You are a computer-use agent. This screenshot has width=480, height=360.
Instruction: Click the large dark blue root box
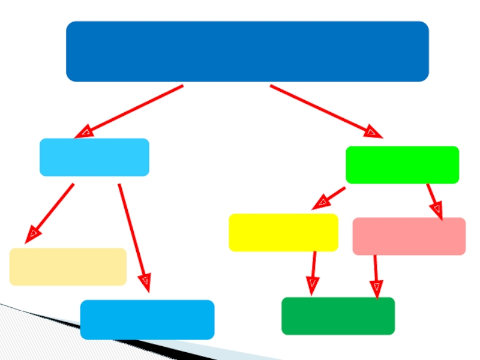tap(247, 52)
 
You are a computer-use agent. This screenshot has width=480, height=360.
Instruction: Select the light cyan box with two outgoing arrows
tap(94, 157)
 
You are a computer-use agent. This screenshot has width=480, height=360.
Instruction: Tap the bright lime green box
tap(402, 164)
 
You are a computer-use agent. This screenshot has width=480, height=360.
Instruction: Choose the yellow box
tap(283, 232)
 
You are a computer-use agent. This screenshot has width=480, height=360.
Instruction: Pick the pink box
tap(409, 236)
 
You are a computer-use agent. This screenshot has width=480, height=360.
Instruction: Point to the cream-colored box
tap(68, 266)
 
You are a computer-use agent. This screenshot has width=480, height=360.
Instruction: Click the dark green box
tap(338, 316)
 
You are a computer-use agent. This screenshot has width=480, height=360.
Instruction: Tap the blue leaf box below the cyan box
tap(147, 319)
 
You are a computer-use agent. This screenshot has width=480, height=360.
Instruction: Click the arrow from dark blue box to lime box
tap(324, 110)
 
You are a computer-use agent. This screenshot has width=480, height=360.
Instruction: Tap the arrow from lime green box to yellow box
tap(330, 197)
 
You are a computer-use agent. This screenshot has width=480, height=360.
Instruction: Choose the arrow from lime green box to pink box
tap(434, 200)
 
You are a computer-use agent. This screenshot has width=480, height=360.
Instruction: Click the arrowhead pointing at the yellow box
tap(319, 203)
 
